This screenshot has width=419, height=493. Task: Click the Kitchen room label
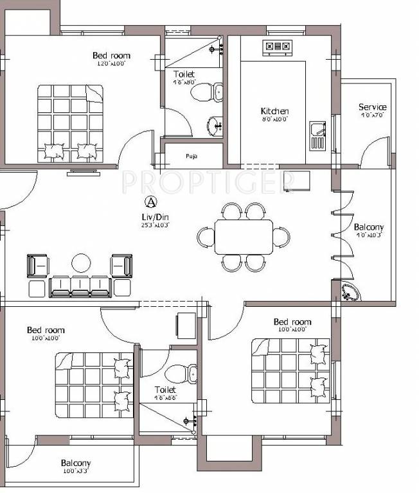point(274,111)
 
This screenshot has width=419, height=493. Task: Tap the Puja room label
point(191,156)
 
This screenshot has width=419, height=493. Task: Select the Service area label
point(372,107)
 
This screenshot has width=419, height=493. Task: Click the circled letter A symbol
point(150,202)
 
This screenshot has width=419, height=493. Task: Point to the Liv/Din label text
point(152,217)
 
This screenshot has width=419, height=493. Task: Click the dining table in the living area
point(244,237)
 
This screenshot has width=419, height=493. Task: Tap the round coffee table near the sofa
point(82,263)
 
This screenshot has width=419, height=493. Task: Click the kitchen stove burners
point(278,46)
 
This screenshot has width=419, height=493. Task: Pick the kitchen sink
point(317,135)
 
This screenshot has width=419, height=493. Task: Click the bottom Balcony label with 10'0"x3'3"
point(76,463)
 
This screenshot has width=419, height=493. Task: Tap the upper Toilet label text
point(184,74)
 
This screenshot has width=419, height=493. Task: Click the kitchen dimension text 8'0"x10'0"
point(274,119)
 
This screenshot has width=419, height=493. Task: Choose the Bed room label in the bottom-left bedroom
point(46,331)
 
